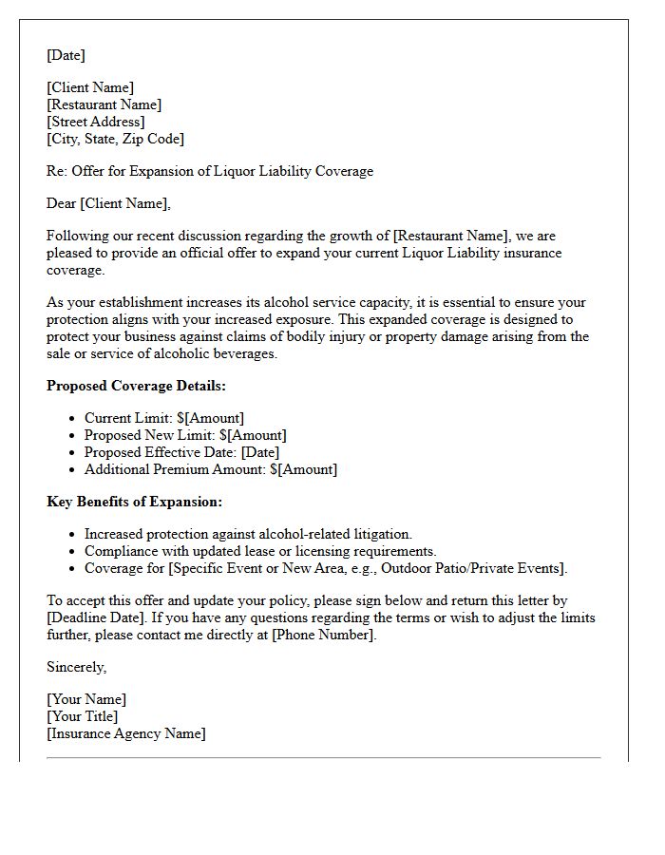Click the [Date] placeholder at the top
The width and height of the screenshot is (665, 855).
click(x=66, y=55)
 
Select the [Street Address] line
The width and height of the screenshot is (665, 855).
click(x=96, y=122)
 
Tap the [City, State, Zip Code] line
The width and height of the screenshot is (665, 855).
click(x=115, y=139)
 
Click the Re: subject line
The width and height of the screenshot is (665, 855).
click(x=210, y=171)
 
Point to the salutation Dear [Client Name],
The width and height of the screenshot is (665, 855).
click(x=108, y=203)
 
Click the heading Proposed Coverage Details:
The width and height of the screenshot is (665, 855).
click(x=136, y=386)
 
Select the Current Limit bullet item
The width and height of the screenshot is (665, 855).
click(x=163, y=418)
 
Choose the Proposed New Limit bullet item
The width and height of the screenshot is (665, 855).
click(x=185, y=435)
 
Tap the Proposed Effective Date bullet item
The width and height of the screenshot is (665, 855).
click(x=181, y=452)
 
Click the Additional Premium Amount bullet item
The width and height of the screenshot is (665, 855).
click(x=210, y=469)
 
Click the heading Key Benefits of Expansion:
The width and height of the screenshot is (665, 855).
click(x=134, y=502)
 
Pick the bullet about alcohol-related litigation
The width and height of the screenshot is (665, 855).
click(x=248, y=534)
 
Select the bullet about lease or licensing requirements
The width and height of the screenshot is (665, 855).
click(x=260, y=551)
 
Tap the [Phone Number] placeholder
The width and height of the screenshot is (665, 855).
click(x=323, y=635)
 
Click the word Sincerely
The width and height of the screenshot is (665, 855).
click(x=76, y=667)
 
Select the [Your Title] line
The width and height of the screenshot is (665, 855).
click(x=83, y=716)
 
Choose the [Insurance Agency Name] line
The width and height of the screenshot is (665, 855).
click(x=126, y=733)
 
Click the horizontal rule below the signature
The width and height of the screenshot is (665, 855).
click(x=323, y=758)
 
